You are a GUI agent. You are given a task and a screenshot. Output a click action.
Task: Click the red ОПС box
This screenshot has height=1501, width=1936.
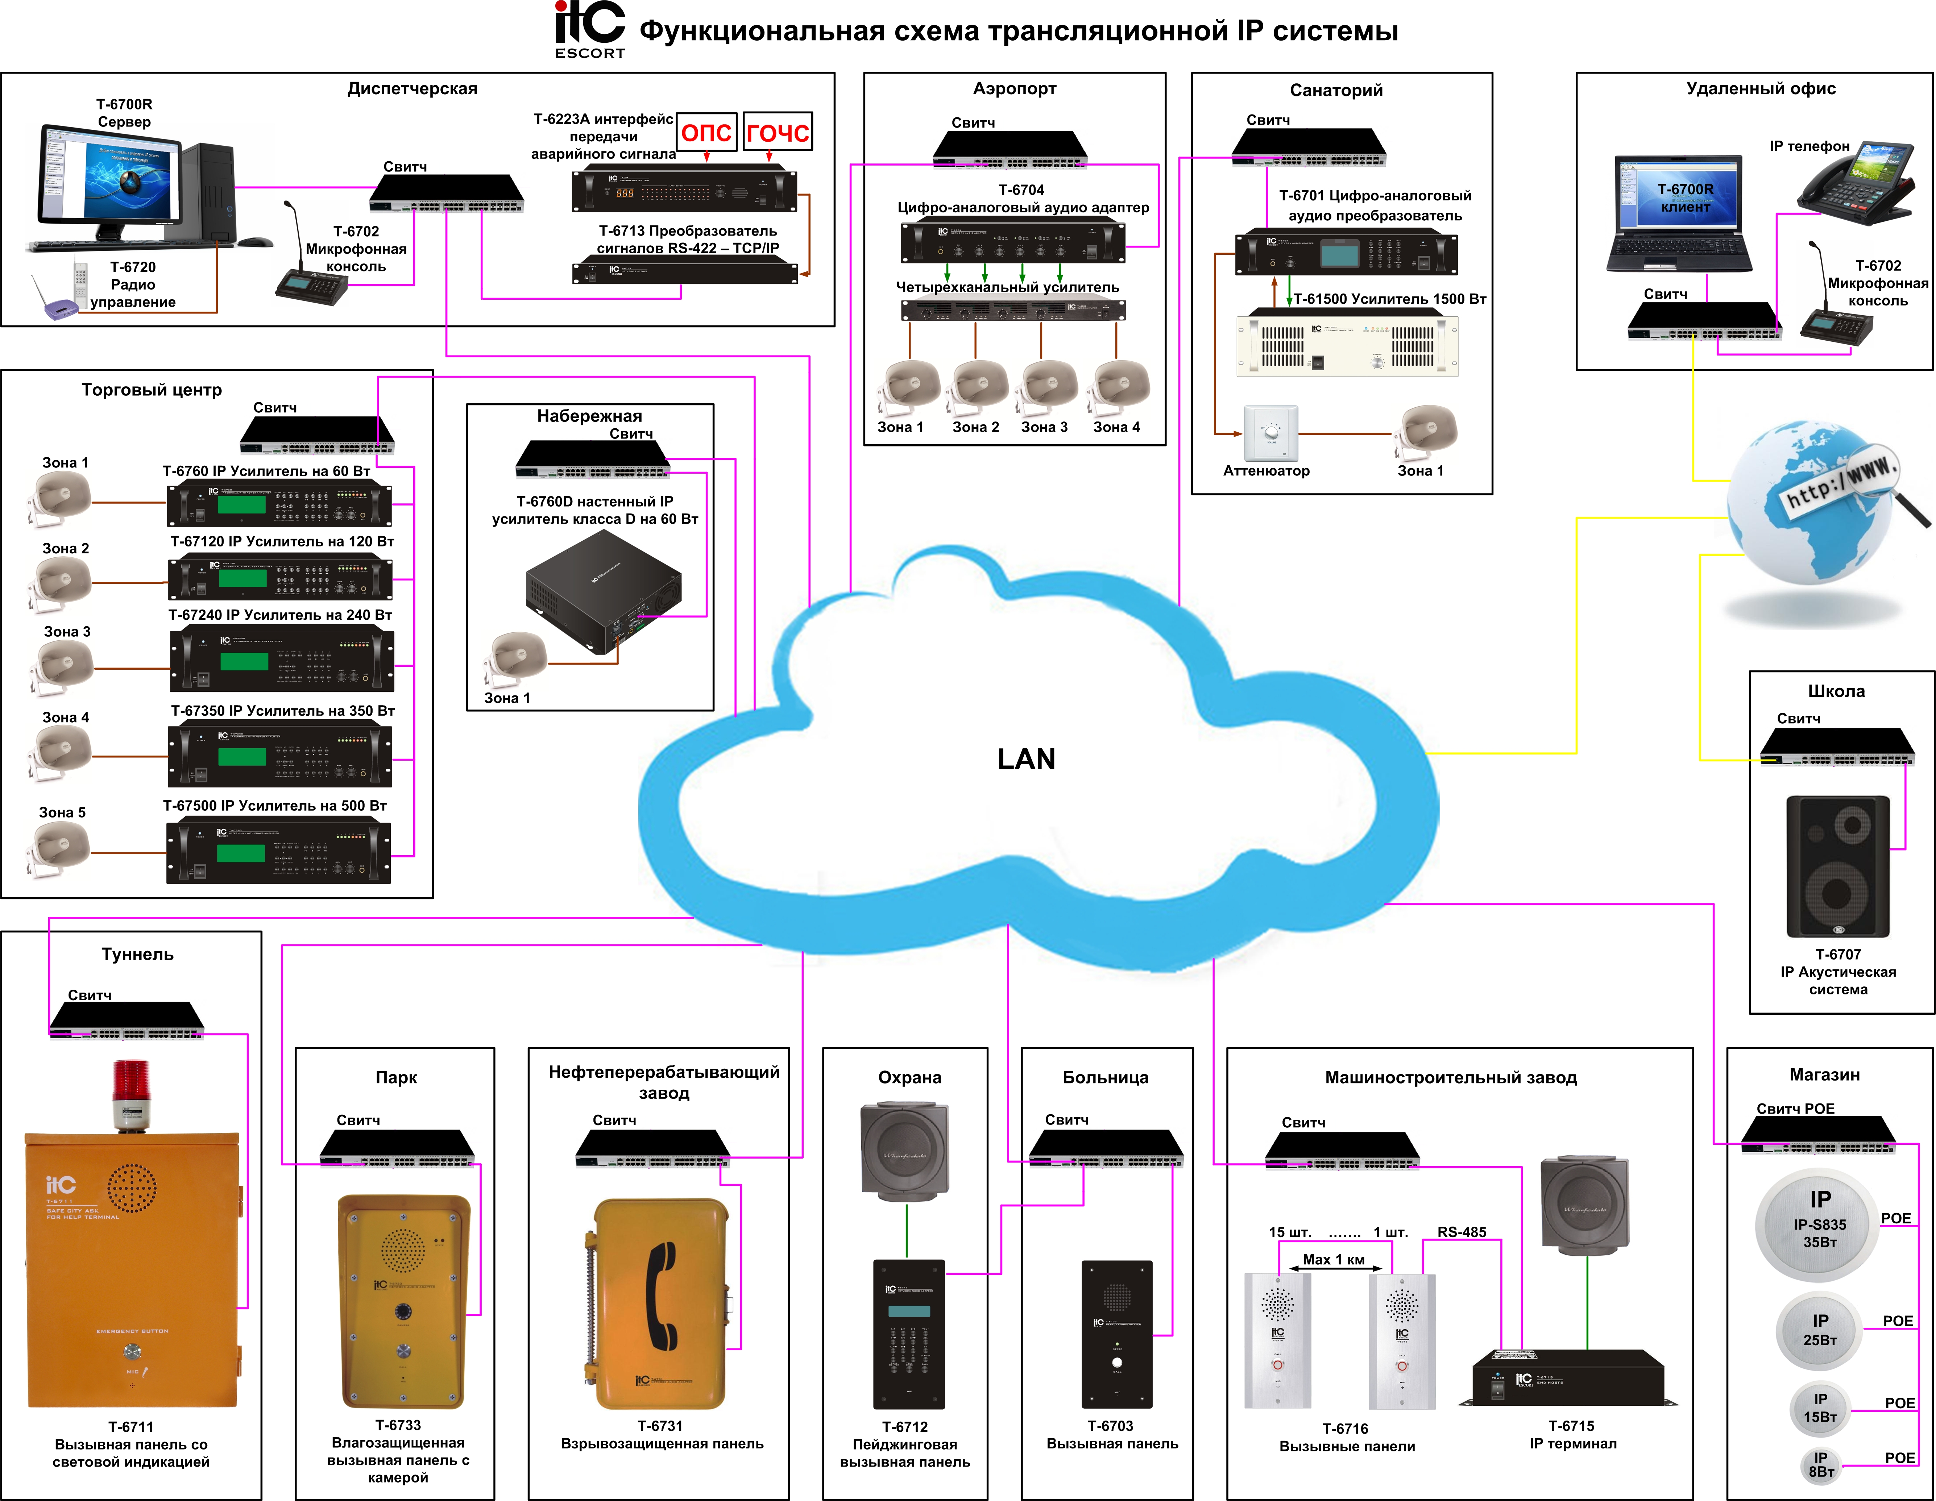(706, 132)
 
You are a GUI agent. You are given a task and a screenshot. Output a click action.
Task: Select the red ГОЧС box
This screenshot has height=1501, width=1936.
(776, 132)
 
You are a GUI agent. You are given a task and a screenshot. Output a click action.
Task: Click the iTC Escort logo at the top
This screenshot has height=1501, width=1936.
(589, 29)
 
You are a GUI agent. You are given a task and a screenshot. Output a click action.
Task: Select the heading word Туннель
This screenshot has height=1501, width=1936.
(137, 954)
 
